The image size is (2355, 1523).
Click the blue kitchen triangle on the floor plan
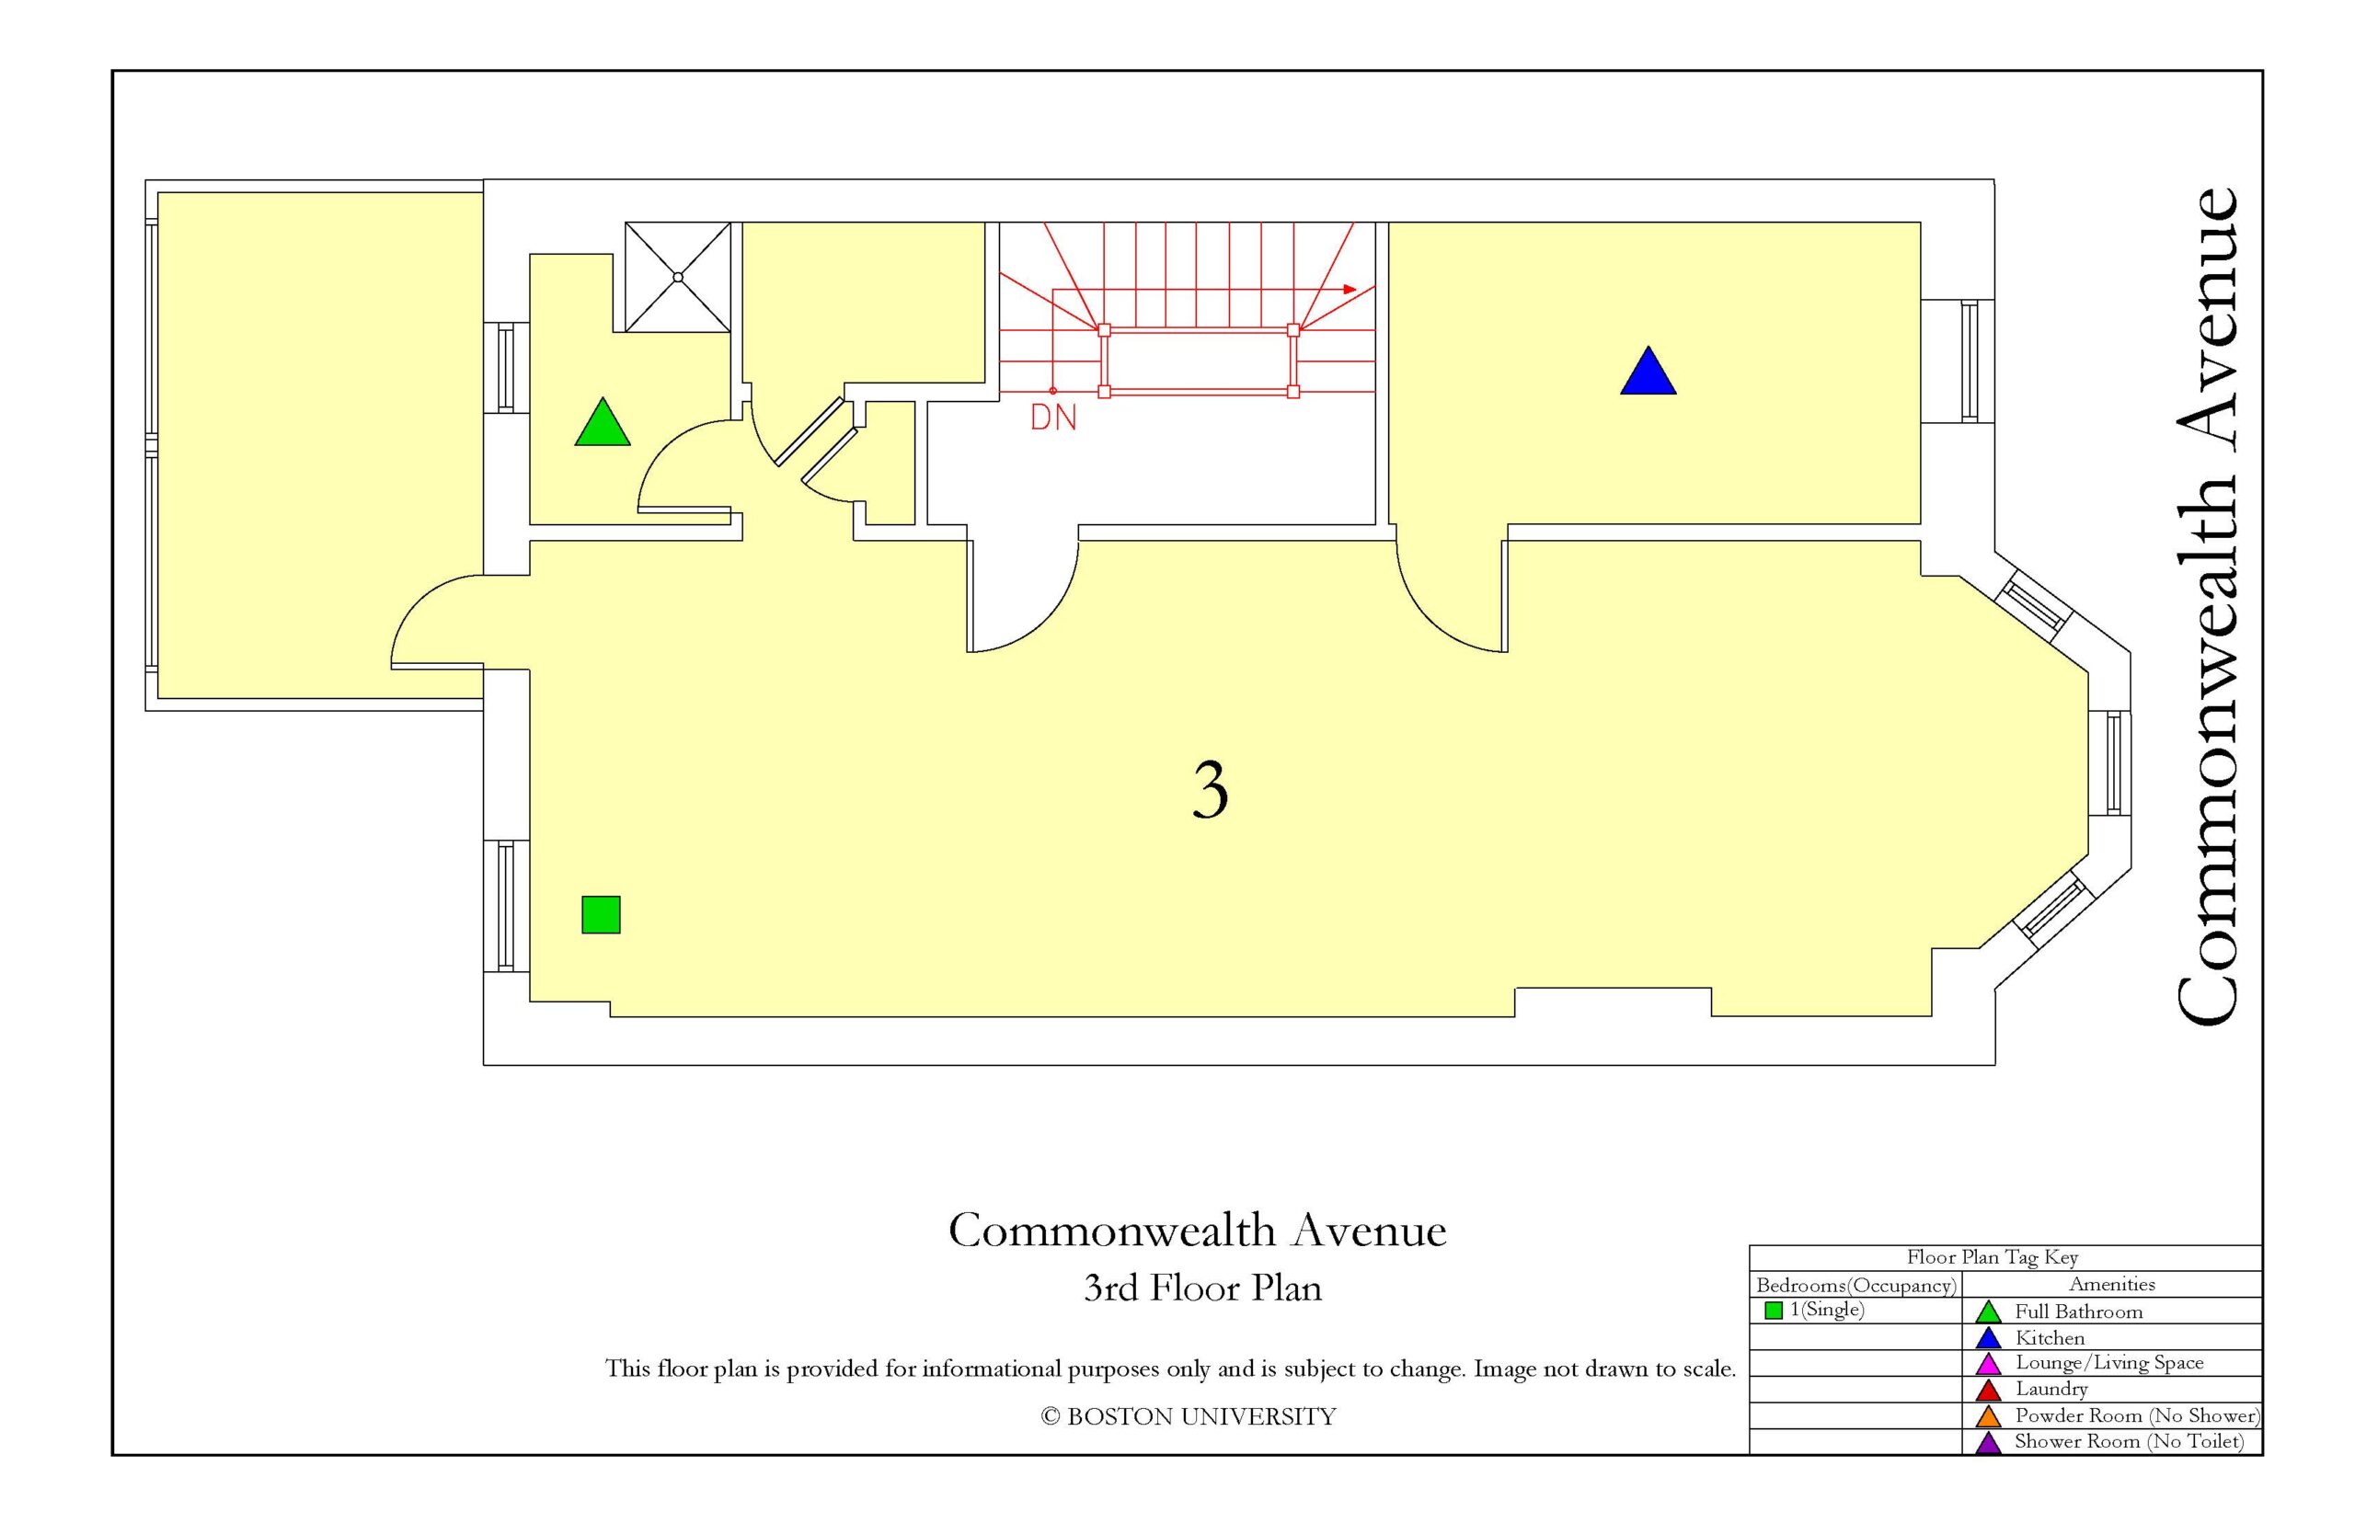click(1648, 372)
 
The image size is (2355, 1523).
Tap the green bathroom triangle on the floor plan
click(603, 424)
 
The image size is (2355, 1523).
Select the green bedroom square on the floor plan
click(601, 915)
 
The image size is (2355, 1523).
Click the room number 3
click(1210, 791)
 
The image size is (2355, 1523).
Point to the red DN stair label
click(1053, 418)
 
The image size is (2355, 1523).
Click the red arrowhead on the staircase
click(1350, 290)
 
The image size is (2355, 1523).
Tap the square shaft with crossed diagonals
click(677, 277)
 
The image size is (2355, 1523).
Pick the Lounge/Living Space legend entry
click(2088, 1363)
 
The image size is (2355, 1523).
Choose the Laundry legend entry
click(2031, 1390)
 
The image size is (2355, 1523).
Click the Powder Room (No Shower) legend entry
click(2117, 1416)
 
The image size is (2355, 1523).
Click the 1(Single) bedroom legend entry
click(1815, 1311)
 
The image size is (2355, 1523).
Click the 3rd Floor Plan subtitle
click(1202, 1288)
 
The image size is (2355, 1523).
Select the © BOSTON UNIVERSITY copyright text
click(1188, 1417)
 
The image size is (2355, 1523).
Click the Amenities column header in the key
click(2112, 1284)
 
